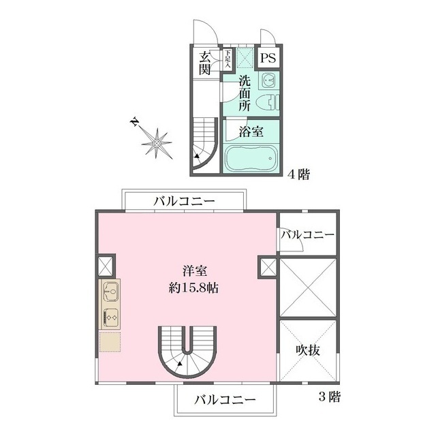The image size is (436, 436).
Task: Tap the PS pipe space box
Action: click(268, 57)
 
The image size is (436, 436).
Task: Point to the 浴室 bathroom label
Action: click(249, 129)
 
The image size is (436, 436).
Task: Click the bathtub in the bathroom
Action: click(249, 159)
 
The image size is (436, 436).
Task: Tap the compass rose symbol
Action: click(157, 143)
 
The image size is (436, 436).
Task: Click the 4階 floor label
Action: click(298, 175)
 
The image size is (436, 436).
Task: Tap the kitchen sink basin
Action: click(110, 294)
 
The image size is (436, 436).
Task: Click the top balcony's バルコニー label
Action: click(184, 201)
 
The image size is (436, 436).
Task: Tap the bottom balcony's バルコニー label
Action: click(224, 399)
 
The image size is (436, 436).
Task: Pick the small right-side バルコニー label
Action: click(308, 235)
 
